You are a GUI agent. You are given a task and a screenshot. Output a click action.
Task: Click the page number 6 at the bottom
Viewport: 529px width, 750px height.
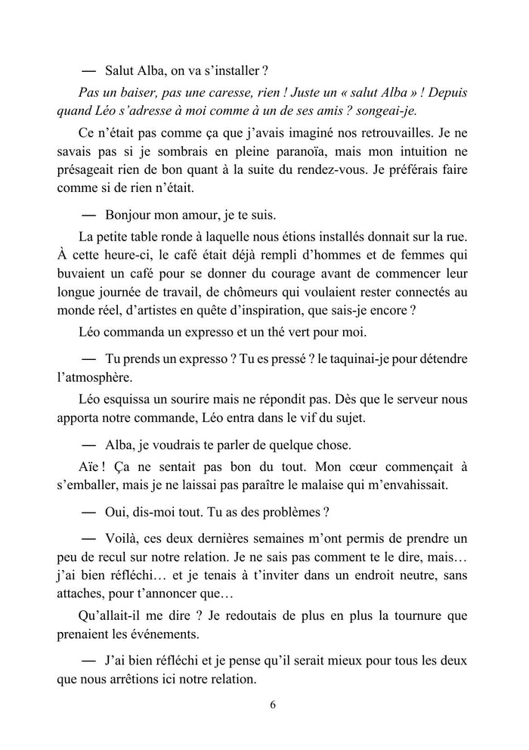coord(272,705)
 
